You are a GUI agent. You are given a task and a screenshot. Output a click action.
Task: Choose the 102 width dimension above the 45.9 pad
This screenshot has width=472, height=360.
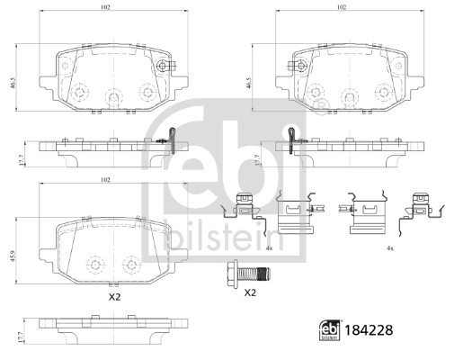click(104, 182)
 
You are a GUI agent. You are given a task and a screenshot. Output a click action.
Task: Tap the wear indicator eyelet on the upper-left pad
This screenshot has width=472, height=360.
click(162, 64)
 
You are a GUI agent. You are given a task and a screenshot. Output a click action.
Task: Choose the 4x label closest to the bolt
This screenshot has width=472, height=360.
click(270, 247)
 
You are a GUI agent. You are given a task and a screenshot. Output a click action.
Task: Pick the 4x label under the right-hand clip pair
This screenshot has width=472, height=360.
click(389, 247)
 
